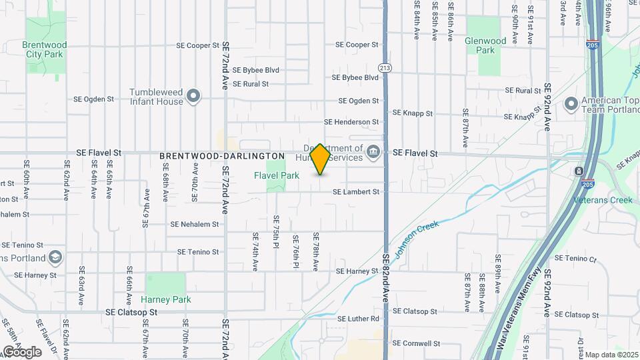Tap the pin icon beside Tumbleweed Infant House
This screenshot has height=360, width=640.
(x=193, y=97)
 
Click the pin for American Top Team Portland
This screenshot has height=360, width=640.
(x=571, y=104)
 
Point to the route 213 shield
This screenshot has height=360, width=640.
(x=385, y=68)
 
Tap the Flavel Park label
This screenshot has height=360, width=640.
(x=276, y=175)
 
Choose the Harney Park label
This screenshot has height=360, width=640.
(x=166, y=299)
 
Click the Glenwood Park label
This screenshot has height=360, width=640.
(x=485, y=45)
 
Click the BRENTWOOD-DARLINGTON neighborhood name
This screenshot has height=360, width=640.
(x=222, y=156)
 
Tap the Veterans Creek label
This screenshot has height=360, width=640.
(x=603, y=199)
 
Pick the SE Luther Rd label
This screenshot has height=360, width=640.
(x=358, y=319)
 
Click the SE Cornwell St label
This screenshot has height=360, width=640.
(x=417, y=343)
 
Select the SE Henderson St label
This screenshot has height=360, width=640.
(x=351, y=122)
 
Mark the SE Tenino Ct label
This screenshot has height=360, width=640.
(x=575, y=259)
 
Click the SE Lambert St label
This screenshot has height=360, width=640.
(x=356, y=192)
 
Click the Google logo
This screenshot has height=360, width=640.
(x=22, y=351)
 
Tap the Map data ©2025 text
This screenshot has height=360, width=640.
(x=611, y=355)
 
